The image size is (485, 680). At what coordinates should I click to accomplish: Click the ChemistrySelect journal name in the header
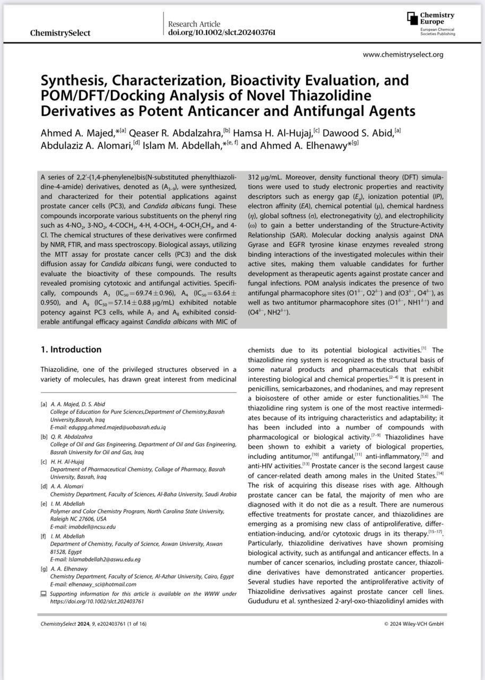pyautogui.click(x=60, y=33)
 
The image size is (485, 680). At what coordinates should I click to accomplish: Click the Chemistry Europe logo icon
pyautogui.click(x=412, y=18)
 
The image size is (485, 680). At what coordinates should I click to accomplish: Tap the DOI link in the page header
pyautogui.click(x=222, y=33)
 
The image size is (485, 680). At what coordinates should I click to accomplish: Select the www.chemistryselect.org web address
pyautogui.click(x=403, y=54)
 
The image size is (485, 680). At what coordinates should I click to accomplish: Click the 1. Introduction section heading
pyautogui.click(x=71, y=350)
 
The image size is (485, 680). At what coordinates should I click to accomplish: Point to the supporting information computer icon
pyautogui.click(x=44, y=593)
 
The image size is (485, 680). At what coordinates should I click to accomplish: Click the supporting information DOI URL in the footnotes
pyautogui.click(x=97, y=601)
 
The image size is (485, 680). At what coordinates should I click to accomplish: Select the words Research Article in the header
pyautogui.click(x=194, y=24)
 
